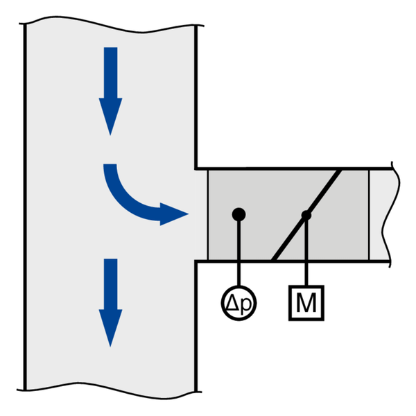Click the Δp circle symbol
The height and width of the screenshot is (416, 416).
point(239,303)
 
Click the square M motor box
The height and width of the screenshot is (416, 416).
point(306,303)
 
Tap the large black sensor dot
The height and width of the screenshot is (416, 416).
point(239,214)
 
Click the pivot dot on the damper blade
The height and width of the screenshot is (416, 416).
point(306,215)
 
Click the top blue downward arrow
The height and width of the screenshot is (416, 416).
point(110,92)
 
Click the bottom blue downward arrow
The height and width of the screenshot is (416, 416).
point(110,303)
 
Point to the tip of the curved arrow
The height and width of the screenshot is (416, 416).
point(189,214)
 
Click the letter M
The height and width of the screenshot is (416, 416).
point(306,303)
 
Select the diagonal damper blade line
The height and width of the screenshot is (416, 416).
point(306,215)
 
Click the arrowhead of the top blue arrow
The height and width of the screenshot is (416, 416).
point(110,116)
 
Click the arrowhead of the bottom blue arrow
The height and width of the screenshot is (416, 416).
point(110,328)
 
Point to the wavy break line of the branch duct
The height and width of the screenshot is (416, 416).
point(391,214)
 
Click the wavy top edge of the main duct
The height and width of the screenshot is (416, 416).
point(112,24)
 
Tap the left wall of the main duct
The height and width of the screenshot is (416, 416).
point(25,207)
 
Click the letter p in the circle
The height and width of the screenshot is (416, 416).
point(245,304)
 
